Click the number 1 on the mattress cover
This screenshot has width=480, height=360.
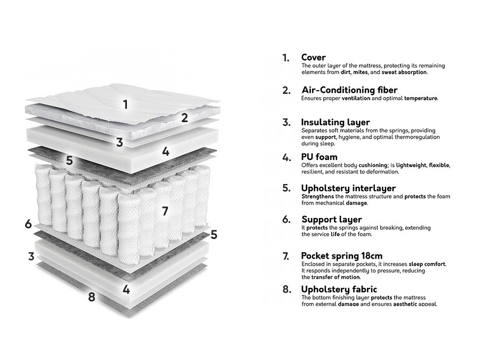pyautogui.click(x=126, y=104)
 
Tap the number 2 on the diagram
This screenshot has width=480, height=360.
pyautogui.click(x=185, y=118)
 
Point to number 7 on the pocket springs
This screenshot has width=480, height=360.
pyautogui.click(x=165, y=211)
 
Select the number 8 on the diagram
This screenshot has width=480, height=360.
pyautogui.click(x=91, y=297)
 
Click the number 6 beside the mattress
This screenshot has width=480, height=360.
pyautogui.click(x=28, y=224)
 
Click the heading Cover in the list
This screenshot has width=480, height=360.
pyautogui.click(x=313, y=58)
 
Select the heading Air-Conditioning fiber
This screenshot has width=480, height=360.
pyautogui.click(x=349, y=90)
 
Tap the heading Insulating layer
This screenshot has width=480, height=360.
pyautogui.click(x=335, y=123)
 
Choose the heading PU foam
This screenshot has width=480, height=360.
pyautogui.click(x=319, y=157)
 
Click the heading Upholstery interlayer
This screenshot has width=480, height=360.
pyautogui.click(x=348, y=188)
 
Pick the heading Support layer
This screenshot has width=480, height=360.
pyautogui.click(x=331, y=219)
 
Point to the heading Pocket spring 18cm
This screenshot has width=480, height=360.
pyautogui.click(x=341, y=256)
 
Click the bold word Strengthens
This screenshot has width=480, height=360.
pyautogui.click(x=318, y=196)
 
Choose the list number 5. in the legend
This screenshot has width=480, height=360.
pyautogui.click(x=286, y=188)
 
